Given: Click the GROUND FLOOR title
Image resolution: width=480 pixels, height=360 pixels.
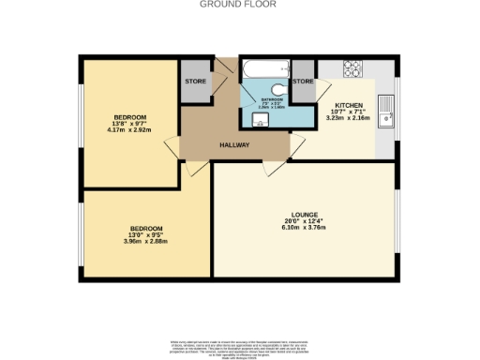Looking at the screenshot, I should click(x=239, y=5).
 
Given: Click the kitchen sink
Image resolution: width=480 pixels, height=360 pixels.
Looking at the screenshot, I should click(x=385, y=112).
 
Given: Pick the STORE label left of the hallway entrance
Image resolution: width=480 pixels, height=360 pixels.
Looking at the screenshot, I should click(x=195, y=82).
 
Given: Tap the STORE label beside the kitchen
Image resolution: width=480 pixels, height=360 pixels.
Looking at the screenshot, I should click(x=303, y=82).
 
